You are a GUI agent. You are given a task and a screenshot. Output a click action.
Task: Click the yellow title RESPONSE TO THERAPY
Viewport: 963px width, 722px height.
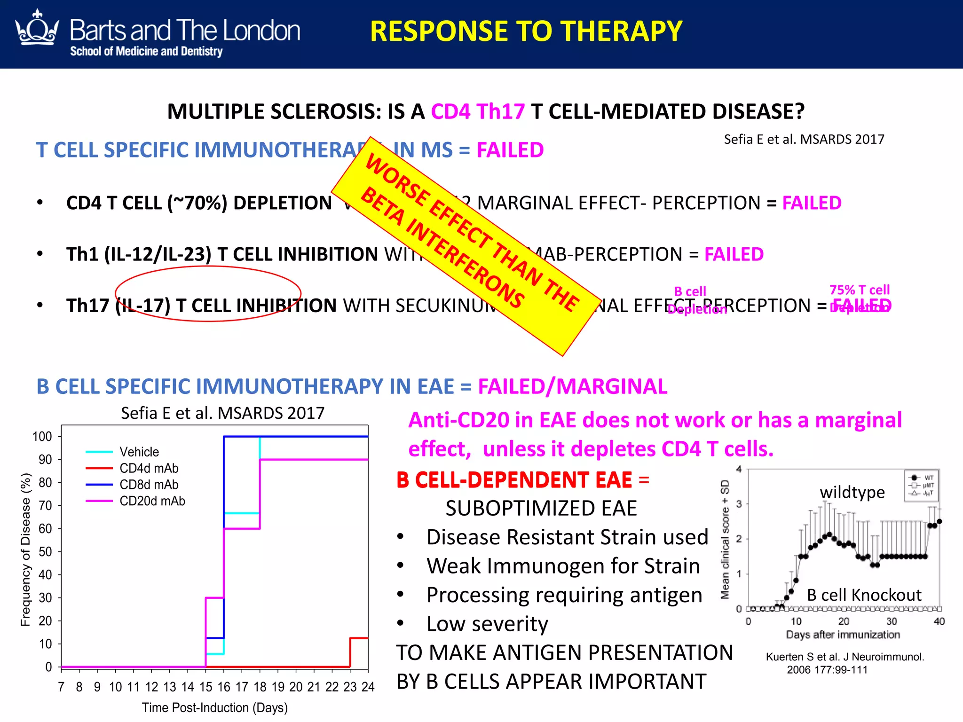point(526,31)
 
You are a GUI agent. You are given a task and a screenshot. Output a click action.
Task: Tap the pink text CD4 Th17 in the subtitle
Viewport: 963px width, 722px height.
point(478,112)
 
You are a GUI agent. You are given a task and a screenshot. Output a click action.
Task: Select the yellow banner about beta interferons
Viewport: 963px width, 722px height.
point(466,246)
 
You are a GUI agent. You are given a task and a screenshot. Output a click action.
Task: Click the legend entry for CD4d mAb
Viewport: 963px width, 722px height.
point(149,468)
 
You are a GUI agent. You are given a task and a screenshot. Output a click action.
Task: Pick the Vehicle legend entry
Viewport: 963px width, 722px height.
point(139,452)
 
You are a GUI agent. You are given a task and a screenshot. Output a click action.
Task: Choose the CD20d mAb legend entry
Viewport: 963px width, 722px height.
point(152,501)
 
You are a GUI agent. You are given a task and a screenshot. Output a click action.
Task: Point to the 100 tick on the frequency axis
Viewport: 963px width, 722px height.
point(42,437)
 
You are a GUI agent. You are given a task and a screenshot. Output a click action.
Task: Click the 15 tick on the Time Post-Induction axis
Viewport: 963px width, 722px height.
point(205,687)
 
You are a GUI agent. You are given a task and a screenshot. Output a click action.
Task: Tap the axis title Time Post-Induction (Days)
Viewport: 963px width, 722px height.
point(215,707)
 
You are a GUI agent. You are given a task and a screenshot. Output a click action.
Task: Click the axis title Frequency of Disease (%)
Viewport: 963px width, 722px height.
point(25,549)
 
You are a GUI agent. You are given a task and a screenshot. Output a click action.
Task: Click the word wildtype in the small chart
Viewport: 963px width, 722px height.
point(852,492)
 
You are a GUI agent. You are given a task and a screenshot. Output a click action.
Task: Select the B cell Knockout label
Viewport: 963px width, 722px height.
point(864,595)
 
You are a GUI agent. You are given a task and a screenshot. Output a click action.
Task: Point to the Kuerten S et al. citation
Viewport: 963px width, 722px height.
point(845,663)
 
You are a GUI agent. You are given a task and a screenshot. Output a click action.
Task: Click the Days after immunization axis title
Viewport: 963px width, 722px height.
point(843,635)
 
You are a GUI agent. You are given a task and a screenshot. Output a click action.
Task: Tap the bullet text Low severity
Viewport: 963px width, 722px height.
point(487,624)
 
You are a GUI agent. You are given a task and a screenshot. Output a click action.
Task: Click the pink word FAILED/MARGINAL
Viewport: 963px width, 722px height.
point(572,386)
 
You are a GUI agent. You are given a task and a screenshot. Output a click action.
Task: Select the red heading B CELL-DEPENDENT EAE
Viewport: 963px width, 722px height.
point(514,480)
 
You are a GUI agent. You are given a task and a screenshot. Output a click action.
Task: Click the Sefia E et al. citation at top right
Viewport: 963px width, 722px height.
point(804,139)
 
